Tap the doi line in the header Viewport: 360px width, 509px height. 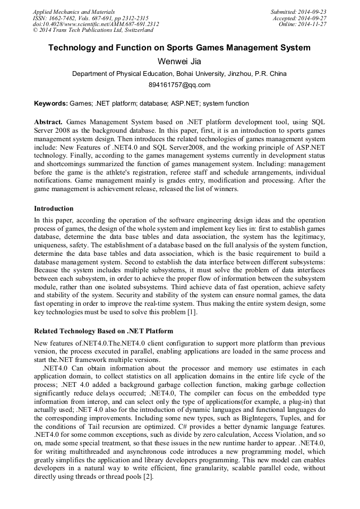(x=96, y=24)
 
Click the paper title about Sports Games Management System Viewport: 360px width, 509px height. (x=179, y=48)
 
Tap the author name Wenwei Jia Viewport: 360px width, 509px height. (x=179, y=62)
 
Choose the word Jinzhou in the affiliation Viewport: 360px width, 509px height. (x=240, y=74)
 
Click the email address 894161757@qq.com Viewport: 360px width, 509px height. (x=179, y=85)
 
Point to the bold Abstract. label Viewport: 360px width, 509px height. (x=48, y=122)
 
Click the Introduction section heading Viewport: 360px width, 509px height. (x=54, y=209)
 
